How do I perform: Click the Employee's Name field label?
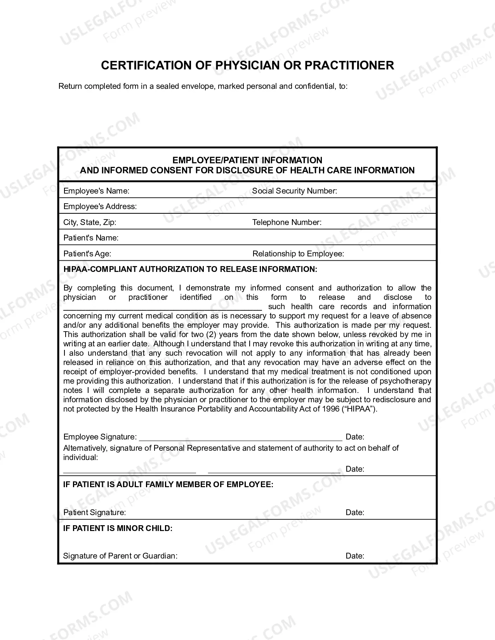click(96, 191)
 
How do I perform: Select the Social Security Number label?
click(294, 191)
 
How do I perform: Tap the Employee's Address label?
click(100, 206)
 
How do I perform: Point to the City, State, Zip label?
click(90, 222)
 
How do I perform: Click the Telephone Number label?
click(287, 222)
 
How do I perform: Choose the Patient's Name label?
click(91, 238)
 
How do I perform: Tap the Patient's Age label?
click(87, 254)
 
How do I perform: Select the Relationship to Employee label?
click(298, 254)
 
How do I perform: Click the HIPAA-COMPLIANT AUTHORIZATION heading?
click(190, 269)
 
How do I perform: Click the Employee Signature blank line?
click(240, 440)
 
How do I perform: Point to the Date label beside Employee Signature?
click(354, 437)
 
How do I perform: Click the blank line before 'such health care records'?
click(162, 309)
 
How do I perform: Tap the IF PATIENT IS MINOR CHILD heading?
click(118, 528)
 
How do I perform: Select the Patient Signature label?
click(94, 512)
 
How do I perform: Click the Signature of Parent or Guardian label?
click(120, 556)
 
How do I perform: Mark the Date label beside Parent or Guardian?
click(354, 556)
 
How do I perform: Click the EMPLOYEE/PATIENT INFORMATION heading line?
click(247, 160)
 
